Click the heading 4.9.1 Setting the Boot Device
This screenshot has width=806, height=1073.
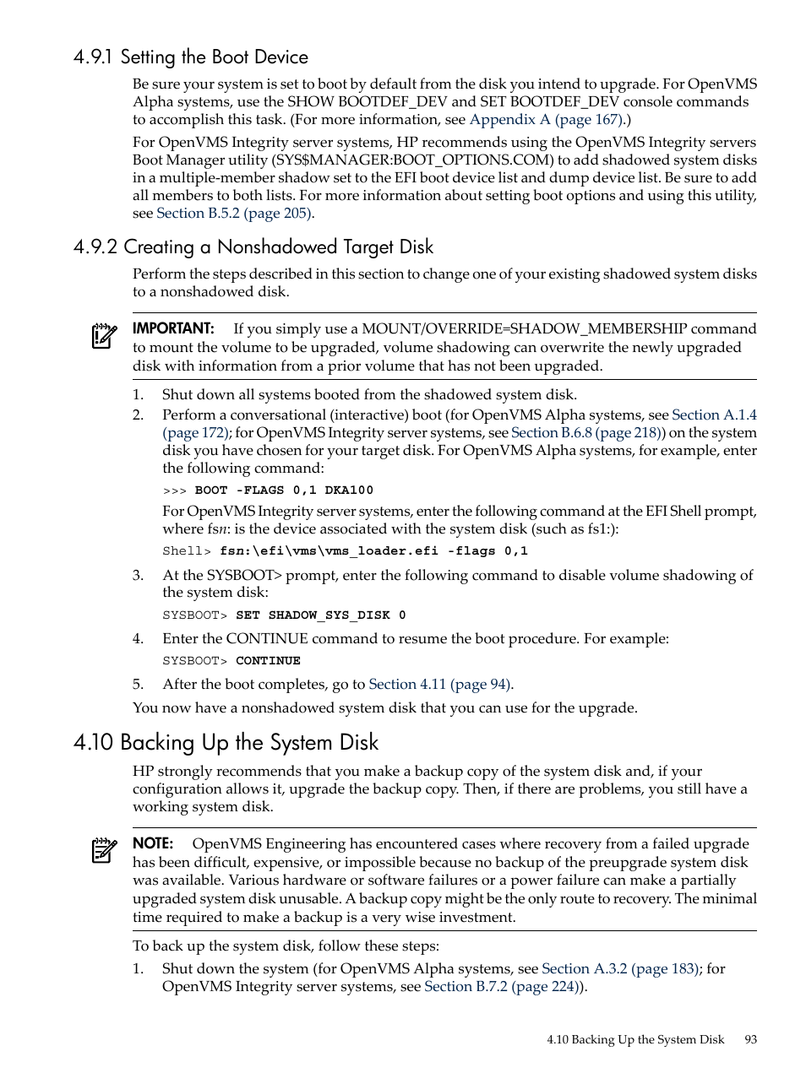pos(190,57)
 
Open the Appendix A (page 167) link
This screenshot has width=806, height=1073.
pos(547,120)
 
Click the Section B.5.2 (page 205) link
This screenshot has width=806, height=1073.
pos(234,214)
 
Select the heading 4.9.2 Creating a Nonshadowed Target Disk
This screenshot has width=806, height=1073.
pos(253,247)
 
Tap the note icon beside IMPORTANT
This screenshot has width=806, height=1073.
pos(104,336)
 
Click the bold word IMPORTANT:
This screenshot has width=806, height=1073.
pos(173,328)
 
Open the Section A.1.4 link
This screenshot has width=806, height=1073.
pos(714,415)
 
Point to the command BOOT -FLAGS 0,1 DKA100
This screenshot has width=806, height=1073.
pos(284,490)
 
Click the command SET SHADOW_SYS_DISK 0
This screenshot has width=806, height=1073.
pos(320,615)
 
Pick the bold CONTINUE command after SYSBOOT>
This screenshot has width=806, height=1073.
pos(268,661)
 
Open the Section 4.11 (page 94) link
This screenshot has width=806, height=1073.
pos(440,685)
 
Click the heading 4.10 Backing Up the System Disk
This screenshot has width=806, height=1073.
pos(226,743)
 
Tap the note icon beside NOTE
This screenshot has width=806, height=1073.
pos(104,850)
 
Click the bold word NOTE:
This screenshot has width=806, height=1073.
pos(153,843)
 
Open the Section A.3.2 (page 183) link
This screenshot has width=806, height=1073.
pos(620,969)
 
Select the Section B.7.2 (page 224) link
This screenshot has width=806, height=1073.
pos(504,987)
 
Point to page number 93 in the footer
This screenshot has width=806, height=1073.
pos(751,1040)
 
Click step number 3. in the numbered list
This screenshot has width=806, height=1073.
pos(139,576)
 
